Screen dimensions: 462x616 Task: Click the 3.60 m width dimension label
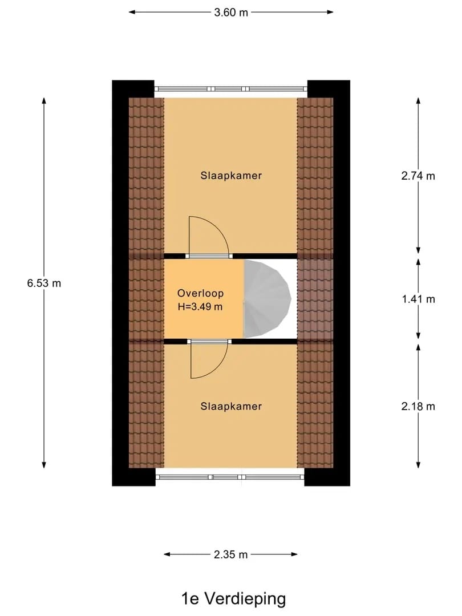click(x=231, y=13)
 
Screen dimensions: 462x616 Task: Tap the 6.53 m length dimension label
click(x=44, y=283)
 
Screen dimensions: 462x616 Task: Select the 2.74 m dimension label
click(x=418, y=176)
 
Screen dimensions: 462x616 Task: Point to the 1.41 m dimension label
click(x=418, y=299)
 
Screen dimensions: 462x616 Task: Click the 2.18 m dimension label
click(x=418, y=407)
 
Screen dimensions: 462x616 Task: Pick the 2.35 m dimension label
click(x=230, y=555)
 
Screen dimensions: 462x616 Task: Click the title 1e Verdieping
click(x=233, y=599)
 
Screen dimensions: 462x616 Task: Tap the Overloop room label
click(x=200, y=294)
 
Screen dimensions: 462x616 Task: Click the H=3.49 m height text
click(x=200, y=307)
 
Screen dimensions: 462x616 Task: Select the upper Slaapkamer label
click(x=231, y=176)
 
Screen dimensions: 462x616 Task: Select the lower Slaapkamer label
click(x=231, y=406)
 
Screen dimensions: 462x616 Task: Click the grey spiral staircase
click(x=267, y=298)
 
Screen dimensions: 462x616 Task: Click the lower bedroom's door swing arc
click(x=217, y=368)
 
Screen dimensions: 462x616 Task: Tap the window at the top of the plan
click(x=230, y=89)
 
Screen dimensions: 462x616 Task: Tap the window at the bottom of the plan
click(x=230, y=477)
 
